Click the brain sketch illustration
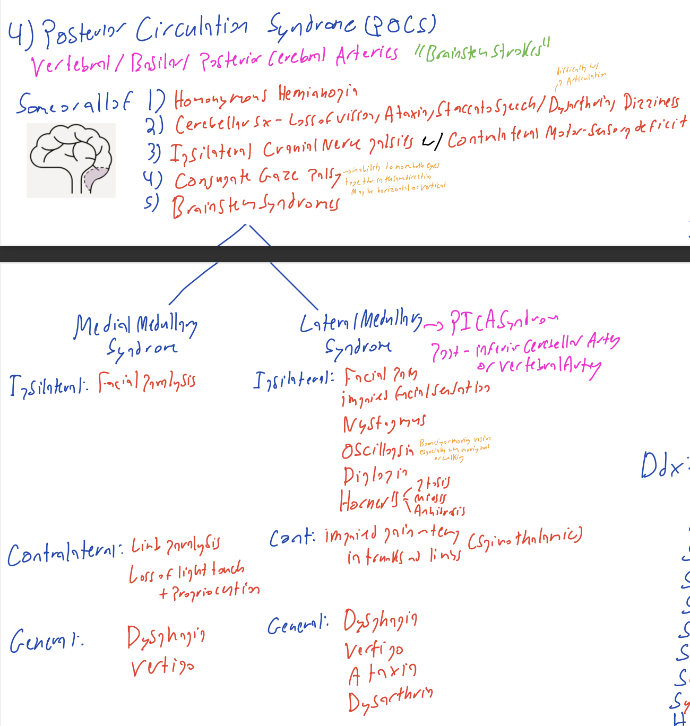(71, 160)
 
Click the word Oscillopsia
(377, 450)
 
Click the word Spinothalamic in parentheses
(525, 538)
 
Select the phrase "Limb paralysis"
(175, 544)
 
